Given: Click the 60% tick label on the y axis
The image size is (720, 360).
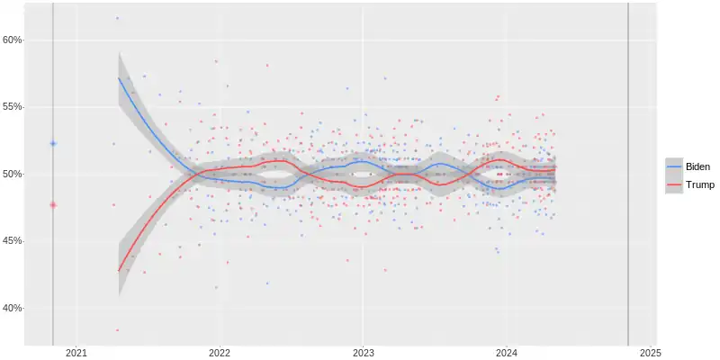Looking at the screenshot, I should tap(12, 40).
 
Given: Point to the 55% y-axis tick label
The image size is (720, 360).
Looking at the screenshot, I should tap(12, 107).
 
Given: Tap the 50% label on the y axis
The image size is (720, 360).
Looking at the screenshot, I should tap(12, 174).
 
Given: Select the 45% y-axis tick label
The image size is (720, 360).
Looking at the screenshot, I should tap(12, 241).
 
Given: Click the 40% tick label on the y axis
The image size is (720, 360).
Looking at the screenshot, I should tap(12, 308).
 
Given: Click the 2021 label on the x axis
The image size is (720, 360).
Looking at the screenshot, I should tap(76, 352).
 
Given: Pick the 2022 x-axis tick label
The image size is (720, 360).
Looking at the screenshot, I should tap(220, 352).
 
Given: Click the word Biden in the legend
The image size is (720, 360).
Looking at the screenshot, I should tap(697, 167).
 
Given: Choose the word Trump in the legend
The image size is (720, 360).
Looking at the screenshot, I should tap(699, 185).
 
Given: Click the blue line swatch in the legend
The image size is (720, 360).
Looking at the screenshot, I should tap(674, 167).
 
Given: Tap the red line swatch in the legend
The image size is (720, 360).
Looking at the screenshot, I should tap(674, 185).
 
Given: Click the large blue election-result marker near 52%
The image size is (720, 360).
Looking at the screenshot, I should tap(53, 143).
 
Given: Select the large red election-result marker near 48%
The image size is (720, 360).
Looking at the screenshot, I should tap(53, 204).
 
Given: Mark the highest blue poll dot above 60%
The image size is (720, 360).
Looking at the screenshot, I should tap(117, 18).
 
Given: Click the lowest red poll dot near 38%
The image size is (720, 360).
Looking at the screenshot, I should tap(117, 330).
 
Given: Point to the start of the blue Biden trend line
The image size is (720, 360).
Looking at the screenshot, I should tap(119, 78).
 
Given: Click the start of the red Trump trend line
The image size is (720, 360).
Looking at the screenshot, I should tap(119, 270).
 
